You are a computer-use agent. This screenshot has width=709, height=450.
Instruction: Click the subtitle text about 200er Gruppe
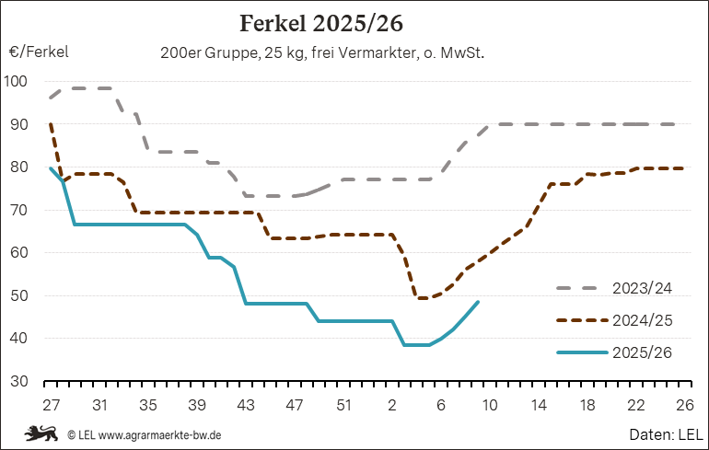coord(322,53)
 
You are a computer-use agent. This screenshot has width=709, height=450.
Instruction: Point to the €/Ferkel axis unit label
coord(39,52)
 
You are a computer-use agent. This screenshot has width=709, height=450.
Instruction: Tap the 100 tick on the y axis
coord(17,81)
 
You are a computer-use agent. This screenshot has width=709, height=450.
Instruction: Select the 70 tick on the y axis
coord(20,210)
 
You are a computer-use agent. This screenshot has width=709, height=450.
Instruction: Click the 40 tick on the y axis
coord(20,339)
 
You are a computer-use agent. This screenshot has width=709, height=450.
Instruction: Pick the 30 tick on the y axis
coord(20,381)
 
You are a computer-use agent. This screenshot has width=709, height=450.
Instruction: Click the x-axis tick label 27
coord(51,404)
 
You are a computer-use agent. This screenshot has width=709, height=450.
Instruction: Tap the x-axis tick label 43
coord(246,404)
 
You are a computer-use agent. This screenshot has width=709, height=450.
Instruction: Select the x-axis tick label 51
coord(343,404)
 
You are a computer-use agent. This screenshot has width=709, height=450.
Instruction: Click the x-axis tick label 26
coord(684,404)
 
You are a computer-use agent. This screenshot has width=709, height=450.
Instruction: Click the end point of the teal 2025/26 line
coord(478,302)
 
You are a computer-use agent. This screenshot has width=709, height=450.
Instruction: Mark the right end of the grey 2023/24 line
coord(684,124)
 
